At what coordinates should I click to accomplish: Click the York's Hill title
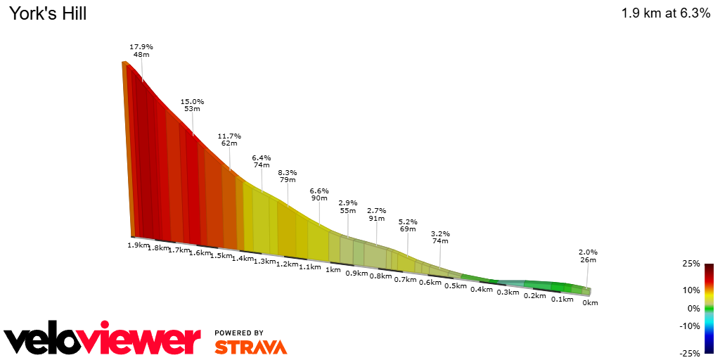click(x=48, y=13)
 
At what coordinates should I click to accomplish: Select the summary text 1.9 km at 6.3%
click(x=665, y=13)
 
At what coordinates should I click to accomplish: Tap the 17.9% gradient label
click(x=141, y=47)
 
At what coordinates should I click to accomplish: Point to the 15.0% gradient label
click(x=192, y=101)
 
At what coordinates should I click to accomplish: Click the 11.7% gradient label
click(x=229, y=136)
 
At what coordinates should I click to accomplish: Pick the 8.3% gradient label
click(x=288, y=172)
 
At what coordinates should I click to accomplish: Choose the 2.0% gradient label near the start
click(x=588, y=252)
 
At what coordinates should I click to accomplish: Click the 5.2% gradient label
click(x=408, y=221)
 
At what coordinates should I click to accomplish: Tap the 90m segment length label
click(x=319, y=198)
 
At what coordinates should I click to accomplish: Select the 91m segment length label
click(x=377, y=218)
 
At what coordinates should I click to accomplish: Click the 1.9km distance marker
click(x=138, y=245)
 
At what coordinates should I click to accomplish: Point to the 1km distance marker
click(x=333, y=270)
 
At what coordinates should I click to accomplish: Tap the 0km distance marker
click(x=591, y=302)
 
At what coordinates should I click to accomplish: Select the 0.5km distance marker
click(x=456, y=286)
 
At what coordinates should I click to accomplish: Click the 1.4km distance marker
click(x=243, y=258)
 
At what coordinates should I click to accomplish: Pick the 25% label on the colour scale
click(x=691, y=264)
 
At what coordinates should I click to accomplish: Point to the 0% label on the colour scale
click(x=694, y=308)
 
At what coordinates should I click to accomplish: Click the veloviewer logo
click(x=103, y=341)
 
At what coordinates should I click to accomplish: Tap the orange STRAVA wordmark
click(x=250, y=347)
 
